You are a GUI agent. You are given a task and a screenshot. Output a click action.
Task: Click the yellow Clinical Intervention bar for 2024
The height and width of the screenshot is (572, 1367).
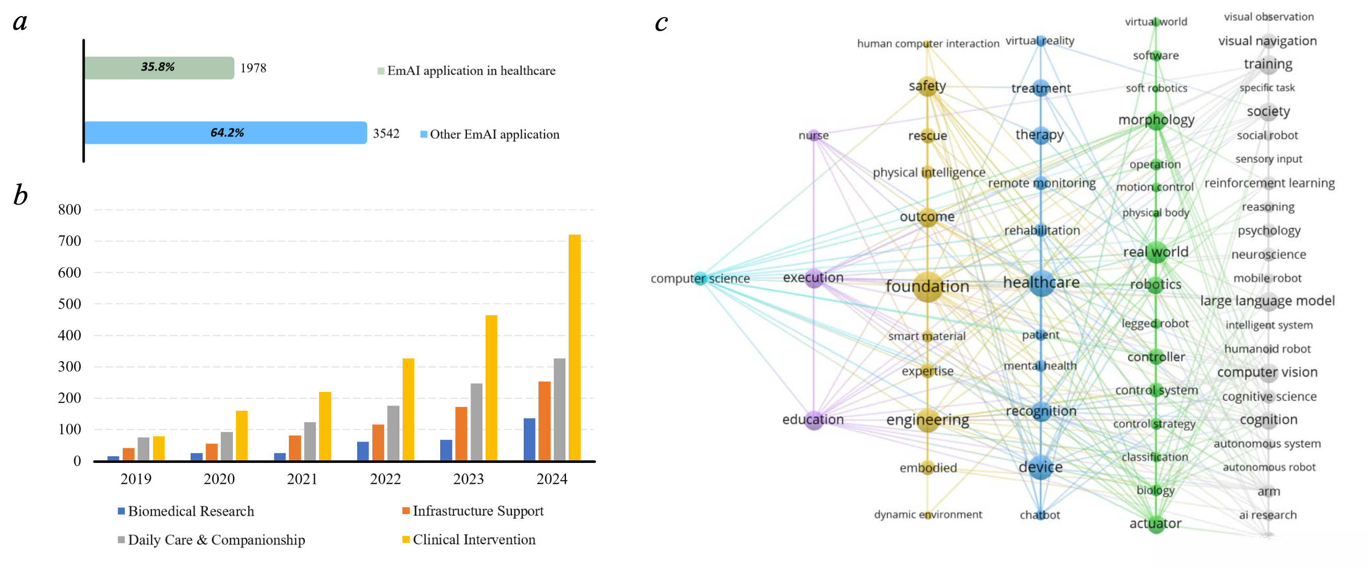(574, 348)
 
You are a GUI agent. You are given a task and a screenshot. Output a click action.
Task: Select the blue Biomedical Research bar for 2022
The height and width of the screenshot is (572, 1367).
(363, 451)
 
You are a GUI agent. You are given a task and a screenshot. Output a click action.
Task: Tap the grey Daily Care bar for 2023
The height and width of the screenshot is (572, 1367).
(477, 422)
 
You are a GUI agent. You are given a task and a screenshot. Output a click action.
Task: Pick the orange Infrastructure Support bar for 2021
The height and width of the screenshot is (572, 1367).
(294, 448)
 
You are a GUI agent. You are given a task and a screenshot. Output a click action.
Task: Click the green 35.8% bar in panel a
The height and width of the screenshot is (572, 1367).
(159, 68)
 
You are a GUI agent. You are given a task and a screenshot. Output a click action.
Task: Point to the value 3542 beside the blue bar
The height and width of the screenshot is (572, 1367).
(386, 134)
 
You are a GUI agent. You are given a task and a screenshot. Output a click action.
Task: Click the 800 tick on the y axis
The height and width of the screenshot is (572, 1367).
(69, 210)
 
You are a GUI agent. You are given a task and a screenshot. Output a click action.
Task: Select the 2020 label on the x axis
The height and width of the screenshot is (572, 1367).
(219, 479)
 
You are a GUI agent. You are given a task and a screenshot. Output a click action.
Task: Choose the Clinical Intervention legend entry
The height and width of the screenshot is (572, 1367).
(474, 540)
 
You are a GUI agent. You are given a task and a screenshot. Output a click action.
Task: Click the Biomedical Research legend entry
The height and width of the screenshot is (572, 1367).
(191, 511)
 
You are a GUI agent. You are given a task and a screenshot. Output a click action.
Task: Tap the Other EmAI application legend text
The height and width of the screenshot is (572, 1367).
(494, 134)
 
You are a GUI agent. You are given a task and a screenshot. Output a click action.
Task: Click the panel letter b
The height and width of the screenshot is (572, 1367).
(20, 195)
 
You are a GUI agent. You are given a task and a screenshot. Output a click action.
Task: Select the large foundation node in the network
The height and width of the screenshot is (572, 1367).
(927, 287)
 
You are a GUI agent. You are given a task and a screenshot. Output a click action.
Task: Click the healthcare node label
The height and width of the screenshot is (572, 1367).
(1041, 282)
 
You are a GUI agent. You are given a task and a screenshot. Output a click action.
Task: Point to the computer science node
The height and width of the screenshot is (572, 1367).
(700, 278)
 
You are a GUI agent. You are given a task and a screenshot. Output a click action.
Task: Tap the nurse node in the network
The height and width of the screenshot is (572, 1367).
(814, 135)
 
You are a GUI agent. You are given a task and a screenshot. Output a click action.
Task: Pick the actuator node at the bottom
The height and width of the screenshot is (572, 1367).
(1155, 523)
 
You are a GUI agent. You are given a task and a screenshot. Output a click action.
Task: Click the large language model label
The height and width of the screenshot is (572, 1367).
(1267, 301)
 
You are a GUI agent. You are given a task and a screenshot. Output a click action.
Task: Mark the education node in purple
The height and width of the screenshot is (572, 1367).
(813, 420)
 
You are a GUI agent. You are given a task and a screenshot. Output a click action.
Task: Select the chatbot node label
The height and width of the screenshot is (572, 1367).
(1040, 515)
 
